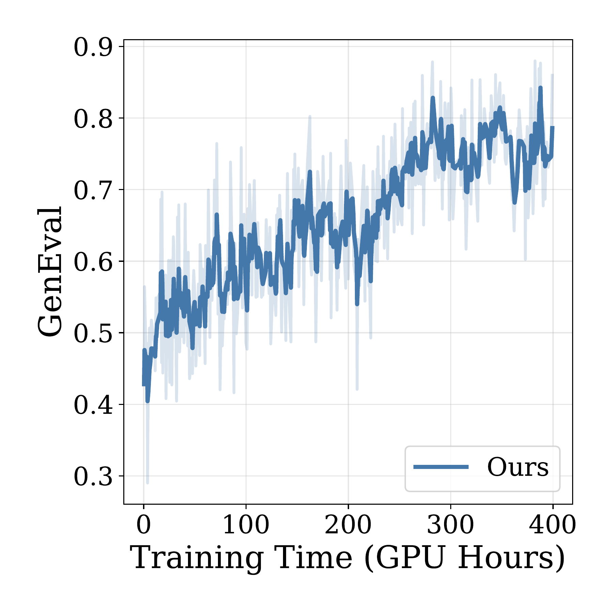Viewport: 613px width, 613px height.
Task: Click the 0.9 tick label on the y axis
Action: point(93,47)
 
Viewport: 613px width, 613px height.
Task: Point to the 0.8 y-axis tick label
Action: point(93,119)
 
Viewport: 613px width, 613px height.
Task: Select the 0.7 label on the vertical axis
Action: point(93,190)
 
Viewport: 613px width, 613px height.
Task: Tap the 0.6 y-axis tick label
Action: point(93,262)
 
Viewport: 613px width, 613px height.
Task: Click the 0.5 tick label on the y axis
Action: point(93,333)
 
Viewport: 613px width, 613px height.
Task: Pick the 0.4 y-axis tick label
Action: point(93,405)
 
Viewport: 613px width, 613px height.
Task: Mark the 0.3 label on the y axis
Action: point(93,477)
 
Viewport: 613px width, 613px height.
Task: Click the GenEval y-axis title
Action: point(50,271)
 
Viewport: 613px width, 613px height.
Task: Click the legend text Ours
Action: point(518,467)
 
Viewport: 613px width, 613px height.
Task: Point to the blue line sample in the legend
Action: point(441,467)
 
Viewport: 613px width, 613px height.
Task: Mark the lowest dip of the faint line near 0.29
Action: point(147,482)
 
